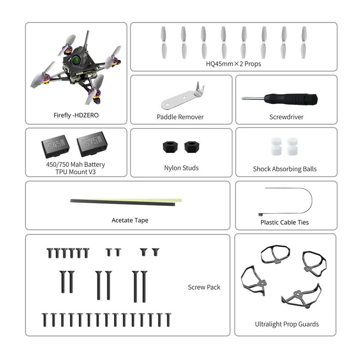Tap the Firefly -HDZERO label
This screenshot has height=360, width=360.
pyautogui.click(x=76, y=115)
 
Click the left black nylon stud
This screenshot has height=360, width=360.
pyautogui.click(x=169, y=146)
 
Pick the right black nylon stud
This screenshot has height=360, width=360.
pyautogui.click(x=190, y=146)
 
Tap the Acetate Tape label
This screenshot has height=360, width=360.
pyautogui.click(x=130, y=220)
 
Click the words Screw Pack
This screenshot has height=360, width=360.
pyautogui.click(x=204, y=287)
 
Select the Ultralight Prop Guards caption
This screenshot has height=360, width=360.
pyautogui.click(x=287, y=324)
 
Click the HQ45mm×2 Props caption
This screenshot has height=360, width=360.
pyautogui.click(x=234, y=64)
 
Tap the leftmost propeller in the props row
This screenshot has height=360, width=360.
pyautogui.click(x=164, y=41)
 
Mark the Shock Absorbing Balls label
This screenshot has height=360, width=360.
pyautogui.click(x=284, y=169)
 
